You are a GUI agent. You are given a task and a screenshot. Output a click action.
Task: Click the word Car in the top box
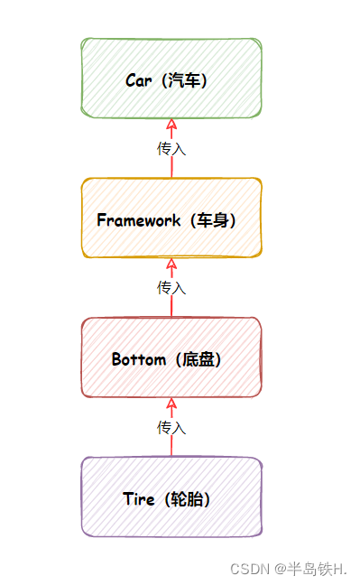139,80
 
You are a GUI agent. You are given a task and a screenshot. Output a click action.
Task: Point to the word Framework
138,220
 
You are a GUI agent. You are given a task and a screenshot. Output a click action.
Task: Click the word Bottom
139,359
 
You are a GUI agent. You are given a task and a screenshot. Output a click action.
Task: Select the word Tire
140,498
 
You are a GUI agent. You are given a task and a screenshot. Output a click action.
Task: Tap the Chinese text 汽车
186,80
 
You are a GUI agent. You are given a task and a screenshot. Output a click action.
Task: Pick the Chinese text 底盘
199,359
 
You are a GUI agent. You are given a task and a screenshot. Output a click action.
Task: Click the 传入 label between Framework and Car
171,148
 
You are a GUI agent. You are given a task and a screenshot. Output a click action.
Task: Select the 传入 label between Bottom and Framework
171,287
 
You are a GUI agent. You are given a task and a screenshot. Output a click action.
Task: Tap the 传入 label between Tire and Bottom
171,427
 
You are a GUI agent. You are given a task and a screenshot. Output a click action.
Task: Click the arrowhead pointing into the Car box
171,125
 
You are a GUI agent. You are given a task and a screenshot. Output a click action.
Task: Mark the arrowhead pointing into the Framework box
171,264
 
